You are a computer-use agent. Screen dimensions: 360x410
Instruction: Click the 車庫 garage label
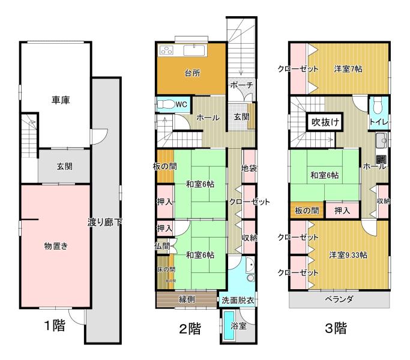[60, 100]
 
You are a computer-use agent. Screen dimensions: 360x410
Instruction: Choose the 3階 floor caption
[335, 328]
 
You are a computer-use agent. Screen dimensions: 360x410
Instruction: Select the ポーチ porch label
[241, 86]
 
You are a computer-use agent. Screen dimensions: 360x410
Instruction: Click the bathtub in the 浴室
[228, 327]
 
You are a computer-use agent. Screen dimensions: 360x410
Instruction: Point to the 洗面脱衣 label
[238, 299]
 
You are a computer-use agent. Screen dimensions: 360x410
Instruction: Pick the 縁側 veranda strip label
[185, 299]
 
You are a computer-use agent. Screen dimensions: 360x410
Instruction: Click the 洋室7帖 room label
[349, 69]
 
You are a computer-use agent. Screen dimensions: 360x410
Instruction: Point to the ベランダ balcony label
[339, 299]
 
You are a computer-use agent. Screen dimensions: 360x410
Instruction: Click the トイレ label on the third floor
[378, 122]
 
